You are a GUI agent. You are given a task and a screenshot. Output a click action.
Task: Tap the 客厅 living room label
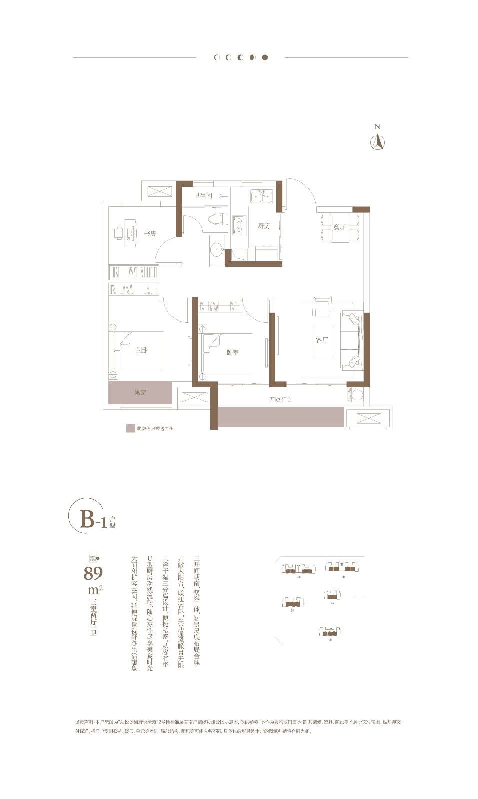(321, 340)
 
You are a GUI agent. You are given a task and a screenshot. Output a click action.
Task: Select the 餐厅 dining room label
(339, 227)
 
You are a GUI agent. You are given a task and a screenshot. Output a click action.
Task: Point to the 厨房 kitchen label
(264, 226)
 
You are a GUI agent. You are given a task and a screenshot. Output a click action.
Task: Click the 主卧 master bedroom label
(141, 350)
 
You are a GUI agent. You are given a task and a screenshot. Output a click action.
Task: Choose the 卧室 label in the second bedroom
(232, 352)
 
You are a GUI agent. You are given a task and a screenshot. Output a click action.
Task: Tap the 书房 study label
(150, 233)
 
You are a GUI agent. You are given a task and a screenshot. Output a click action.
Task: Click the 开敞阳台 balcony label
(280, 399)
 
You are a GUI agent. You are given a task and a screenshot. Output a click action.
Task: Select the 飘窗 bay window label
(140, 392)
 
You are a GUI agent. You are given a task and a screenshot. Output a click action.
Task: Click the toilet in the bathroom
(217, 220)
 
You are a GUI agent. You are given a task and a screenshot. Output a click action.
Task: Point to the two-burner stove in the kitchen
(238, 224)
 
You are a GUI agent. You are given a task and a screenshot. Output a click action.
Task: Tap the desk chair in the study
(119, 233)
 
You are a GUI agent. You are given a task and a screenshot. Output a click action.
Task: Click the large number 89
(93, 574)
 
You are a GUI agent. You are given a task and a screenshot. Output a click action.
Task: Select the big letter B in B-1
(87, 519)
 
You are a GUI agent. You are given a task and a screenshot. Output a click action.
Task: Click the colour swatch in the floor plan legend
(131, 428)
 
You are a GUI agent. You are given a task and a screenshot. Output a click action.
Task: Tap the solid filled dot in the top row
(265, 57)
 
